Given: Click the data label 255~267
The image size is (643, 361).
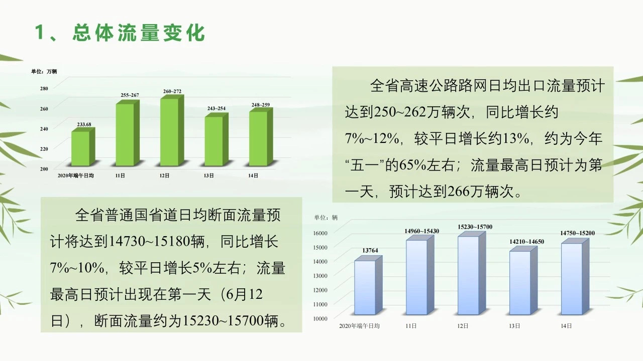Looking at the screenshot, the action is pos(130,95).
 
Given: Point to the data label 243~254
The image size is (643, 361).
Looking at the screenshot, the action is pos(217,108).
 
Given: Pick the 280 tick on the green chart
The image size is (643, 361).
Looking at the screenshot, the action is pos(44,89).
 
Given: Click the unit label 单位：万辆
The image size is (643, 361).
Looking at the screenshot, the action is pos(44,71).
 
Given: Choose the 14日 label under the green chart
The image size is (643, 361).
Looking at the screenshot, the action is pos(253,175).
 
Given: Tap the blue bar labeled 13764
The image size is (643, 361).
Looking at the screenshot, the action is pos(368,285).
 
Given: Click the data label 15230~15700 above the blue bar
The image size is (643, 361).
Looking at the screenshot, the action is pos(475,227).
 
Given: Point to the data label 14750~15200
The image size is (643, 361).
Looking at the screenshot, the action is pos(577,233).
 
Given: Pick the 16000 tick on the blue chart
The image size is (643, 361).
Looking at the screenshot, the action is pos(320,233).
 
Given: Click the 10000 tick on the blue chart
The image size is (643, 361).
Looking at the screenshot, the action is pos(320,318).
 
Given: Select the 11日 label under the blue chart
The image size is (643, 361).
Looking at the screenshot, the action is pos(411,326).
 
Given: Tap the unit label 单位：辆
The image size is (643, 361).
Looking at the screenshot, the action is pos(326,218).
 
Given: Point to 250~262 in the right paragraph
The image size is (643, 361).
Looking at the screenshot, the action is pos(400,112).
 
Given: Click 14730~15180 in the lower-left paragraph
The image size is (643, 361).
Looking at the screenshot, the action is pos(149,242).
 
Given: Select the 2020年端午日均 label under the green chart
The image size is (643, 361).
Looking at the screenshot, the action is pos(76,175).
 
